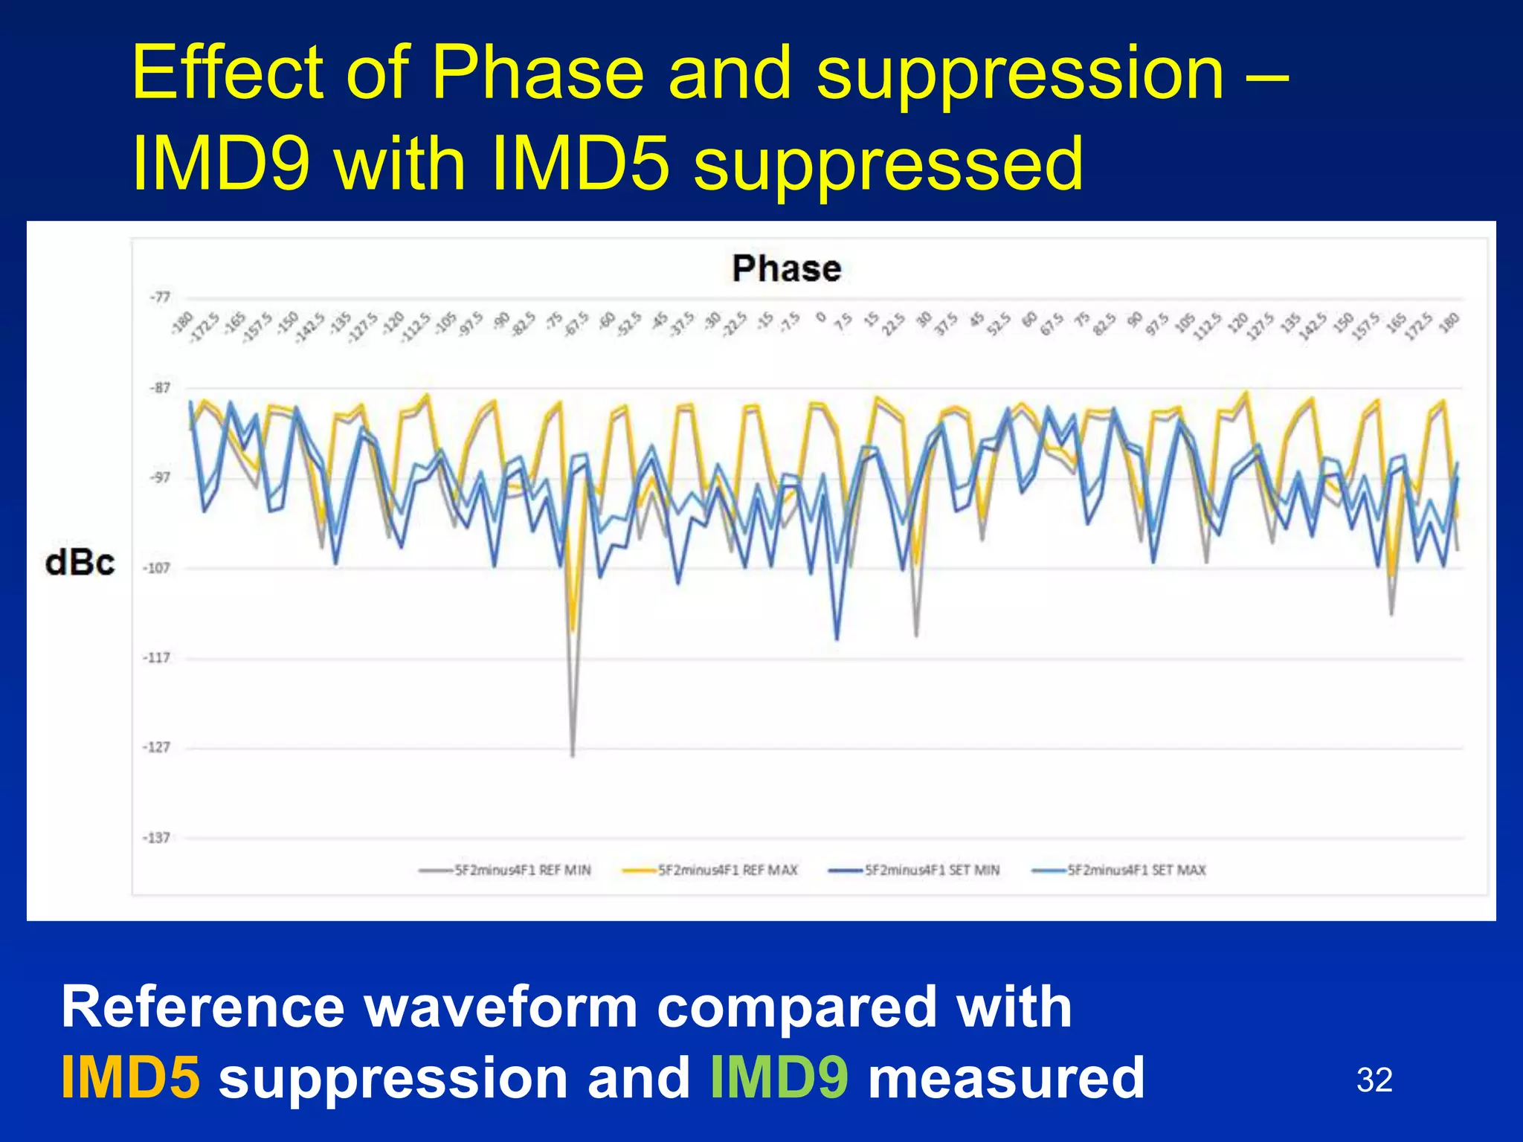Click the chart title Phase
786,268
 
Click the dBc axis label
80,563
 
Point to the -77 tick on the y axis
160,297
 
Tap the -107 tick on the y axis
157,568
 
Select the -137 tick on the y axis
157,838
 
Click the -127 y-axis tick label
157,747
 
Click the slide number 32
1374,1080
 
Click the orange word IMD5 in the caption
130,1077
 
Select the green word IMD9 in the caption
779,1077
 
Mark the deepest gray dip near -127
572,755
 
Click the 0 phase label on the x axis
820,317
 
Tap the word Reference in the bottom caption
202,1007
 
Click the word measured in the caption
1006,1077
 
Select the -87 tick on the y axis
160,388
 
